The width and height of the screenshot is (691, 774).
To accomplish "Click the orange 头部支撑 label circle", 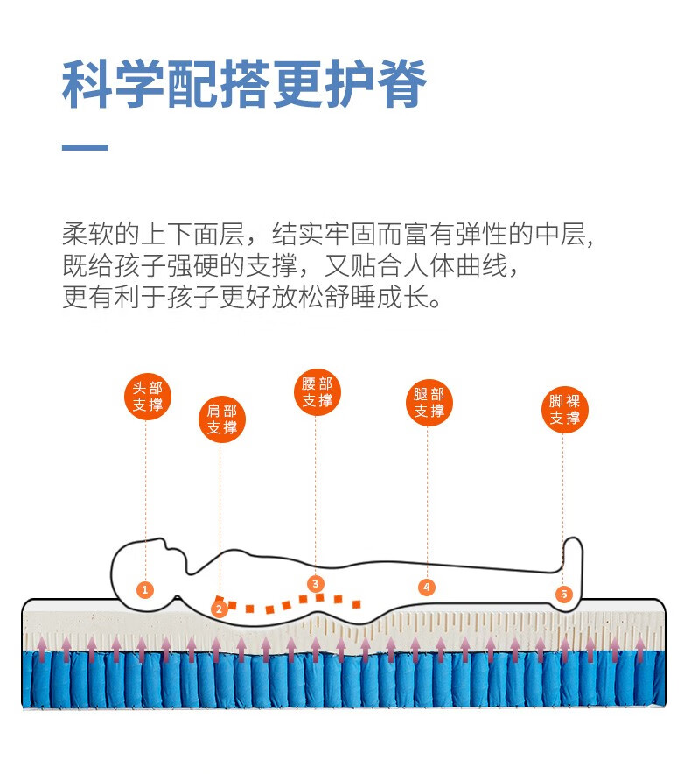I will (x=147, y=397).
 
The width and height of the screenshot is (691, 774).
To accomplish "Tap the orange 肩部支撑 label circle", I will (x=222, y=419).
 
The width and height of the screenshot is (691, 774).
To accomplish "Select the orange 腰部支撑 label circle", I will (x=317, y=392).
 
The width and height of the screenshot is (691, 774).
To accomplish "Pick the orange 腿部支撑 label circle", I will (x=429, y=403).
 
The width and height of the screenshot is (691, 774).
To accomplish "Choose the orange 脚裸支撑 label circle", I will (x=564, y=410).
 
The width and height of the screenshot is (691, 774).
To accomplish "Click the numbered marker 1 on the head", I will (x=145, y=589).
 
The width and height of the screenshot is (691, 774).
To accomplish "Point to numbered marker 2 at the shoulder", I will (x=220, y=607).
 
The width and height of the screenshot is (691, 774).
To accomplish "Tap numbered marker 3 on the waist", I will (x=316, y=583).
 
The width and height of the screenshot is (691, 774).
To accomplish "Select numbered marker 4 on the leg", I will (x=427, y=587).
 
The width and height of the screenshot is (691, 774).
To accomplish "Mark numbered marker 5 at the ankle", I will (x=563, y=595).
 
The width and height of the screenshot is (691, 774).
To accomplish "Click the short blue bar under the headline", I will (x=85, y=148).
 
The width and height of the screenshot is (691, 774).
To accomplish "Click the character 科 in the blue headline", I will (x=87, y=84).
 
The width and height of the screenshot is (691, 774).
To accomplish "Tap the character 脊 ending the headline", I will (x=401, y=84).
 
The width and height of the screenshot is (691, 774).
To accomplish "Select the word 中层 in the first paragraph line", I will (x=563, y=235).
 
